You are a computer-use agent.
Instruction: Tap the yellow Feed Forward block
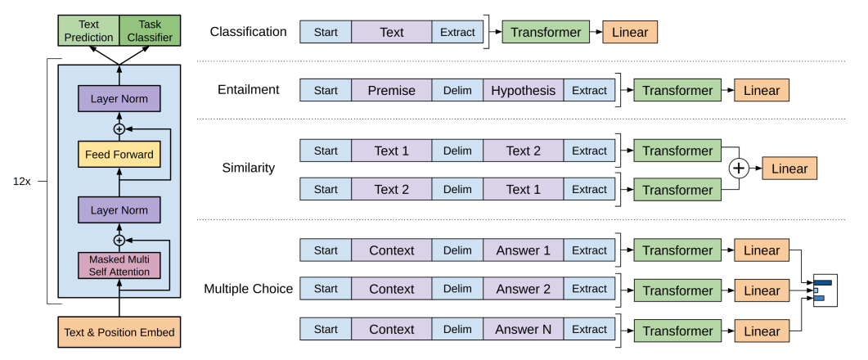pos(119,154)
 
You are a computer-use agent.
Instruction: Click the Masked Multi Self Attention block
pos(119,265)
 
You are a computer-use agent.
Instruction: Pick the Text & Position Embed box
pos(119,332)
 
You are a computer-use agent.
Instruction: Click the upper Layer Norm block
pos(119,100)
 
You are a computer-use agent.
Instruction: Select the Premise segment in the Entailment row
pos(392,90)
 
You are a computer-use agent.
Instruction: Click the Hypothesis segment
pos(523,90)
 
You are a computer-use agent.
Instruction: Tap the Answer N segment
pos(523,329)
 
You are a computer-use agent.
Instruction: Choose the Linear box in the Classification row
pos(630,32)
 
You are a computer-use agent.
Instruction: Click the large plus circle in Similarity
pos(739,169)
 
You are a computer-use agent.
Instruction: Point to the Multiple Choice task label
pos(248,289)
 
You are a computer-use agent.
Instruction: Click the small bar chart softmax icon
pos(822,289)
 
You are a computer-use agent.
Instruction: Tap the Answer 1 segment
pos(523,250)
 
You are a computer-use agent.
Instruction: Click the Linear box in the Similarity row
pos(789,169)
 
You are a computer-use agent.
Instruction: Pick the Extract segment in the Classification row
pos(457,32)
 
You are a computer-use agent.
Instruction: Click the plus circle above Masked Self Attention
pos(119,240)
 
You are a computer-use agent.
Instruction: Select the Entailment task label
pos(248,90)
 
